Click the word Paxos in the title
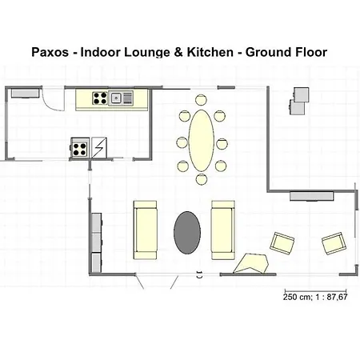coord(50,52)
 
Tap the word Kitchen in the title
coord(210,52)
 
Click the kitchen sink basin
coord(116,98)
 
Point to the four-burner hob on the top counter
coord(100,98)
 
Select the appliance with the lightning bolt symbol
coord(99,147)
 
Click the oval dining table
coord(202,141)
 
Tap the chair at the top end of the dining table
coord(201,100)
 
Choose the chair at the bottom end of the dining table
coord(202,179)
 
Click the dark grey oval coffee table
coord(187,233)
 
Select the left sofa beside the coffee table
coord(145,230)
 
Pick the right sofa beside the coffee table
coord(223,230)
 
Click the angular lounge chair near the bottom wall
coord(251,263)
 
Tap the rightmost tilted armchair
coord(334,243)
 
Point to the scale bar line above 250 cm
coord(316,291)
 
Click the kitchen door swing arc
coord(52,102)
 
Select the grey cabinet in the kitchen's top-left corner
coord(25,94)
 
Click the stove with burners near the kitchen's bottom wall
coord(80,147)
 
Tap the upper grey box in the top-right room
coord(302,94)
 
